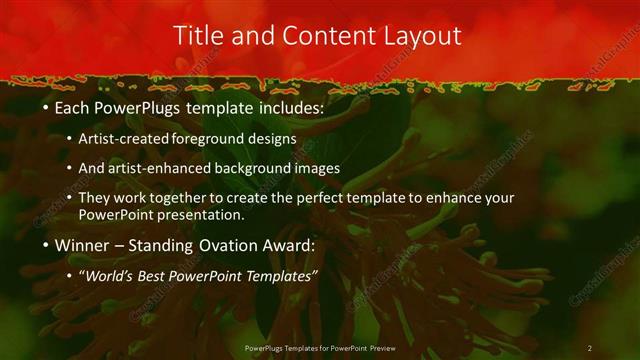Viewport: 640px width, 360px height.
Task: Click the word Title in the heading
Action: pyautogui.click(x=198, y=36)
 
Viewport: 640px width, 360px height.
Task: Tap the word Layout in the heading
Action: pyautogui.click(x=419, y=36)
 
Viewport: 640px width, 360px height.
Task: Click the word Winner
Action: pyautogui.click(x=81, y=245)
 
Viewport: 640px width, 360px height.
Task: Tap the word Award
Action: pyautogui.click(x=290, y=245)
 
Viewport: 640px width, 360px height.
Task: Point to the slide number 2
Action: pyautogui.click(x=589, y=348)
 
